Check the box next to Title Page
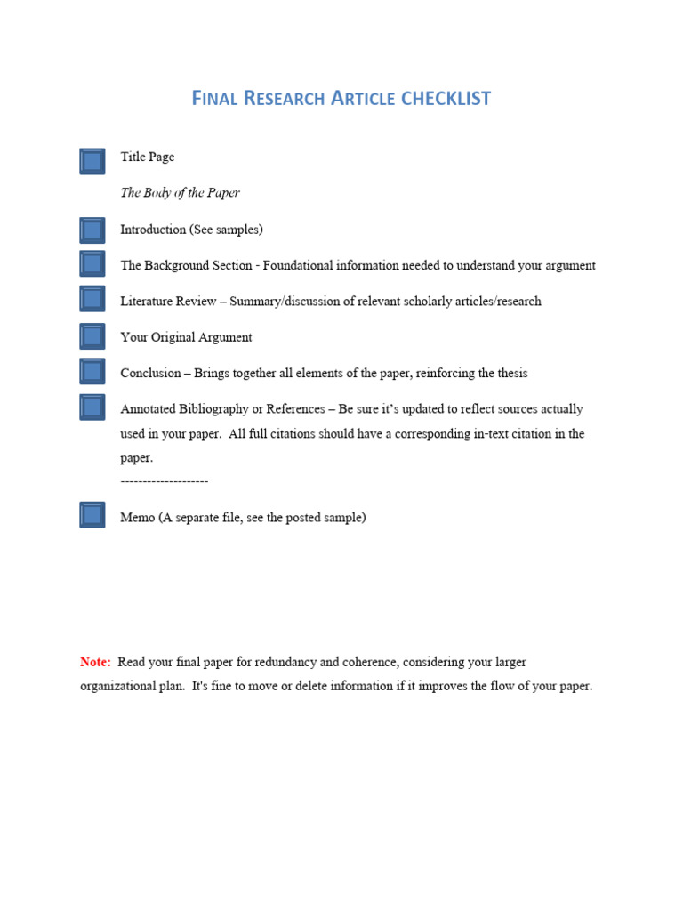tap(92, 161)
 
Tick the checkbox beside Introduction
tap(92, 230)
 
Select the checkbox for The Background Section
tap(92, 263)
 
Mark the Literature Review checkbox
tap(92, 299)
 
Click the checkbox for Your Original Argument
tap(92, 335)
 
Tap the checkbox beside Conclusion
tap(92, 372)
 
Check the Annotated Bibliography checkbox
tap(92, 407)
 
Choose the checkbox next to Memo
tap(92, 515)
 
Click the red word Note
tap(95, 662)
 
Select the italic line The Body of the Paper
tap(180, 193)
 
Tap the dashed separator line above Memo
tap(164, 481)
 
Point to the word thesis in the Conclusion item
tap(512, 374)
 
